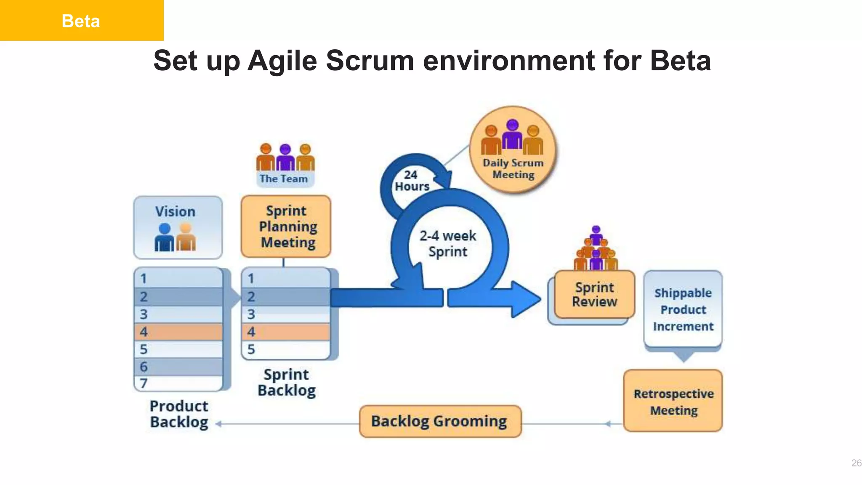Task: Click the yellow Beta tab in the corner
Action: point(81,20)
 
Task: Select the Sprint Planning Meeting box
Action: point(286,227)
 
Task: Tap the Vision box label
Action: point(175,211)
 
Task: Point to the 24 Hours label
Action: point(411,181)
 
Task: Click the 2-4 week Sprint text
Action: point(448,243)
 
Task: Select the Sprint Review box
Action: point(594,294)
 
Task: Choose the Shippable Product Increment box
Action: point(683,309)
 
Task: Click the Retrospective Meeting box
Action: point(673,401)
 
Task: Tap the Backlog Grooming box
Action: point(440,421)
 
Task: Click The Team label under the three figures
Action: point(284,179)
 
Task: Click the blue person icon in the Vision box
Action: point(164,237)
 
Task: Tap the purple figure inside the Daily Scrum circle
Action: point(512,135)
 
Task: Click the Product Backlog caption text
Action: point(179,414)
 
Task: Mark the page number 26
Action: point(856,463)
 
